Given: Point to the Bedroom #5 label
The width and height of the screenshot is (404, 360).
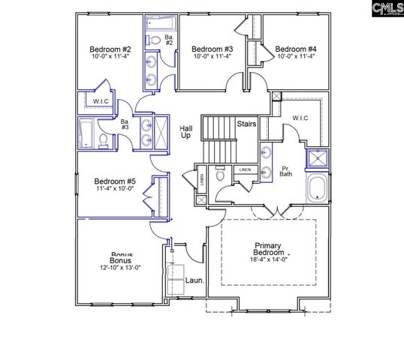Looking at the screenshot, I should (x=115, y=181).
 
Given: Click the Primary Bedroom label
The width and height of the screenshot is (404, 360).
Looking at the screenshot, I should (x=267, y=250).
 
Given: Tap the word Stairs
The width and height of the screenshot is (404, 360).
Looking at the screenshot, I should (x=246, y=123).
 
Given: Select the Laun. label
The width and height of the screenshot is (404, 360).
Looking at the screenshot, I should (x=195, y=283).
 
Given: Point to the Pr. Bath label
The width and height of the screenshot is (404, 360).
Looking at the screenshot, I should (x=286, y=171).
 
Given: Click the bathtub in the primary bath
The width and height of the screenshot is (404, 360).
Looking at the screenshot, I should (x=316, y=187).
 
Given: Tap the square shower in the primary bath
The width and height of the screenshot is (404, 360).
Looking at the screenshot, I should (x=318, y=158).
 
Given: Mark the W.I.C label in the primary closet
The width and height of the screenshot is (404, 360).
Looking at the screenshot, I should (x=300, y=117).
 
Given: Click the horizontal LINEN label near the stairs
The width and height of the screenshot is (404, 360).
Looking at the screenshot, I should (x=246, y=169).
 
